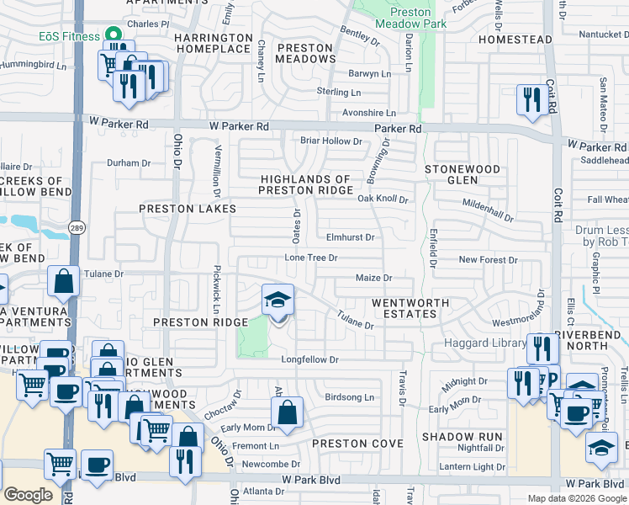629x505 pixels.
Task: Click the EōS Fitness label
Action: tap(68, 35)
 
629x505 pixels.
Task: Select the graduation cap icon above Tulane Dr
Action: tap(278, 300)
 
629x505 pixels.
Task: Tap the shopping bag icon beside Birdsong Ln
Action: tap(287, 413)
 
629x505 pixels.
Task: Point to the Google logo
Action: tap(29, 494)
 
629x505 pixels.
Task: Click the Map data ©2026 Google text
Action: tap(576, 498)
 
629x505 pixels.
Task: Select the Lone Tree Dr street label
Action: tap(310, 258)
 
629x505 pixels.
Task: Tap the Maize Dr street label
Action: tap(375, 277)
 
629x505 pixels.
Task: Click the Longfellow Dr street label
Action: tap(309, 359)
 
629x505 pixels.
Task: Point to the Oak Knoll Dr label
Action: tap(382, 199)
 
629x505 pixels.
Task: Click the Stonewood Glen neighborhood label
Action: tap(462, 174)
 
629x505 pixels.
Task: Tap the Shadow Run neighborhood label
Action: tap(462, 437)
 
